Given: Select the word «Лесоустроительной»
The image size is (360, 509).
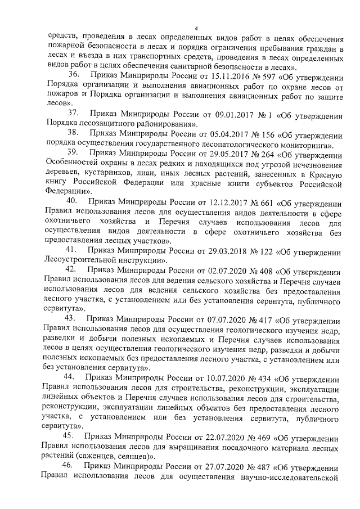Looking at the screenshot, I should click(75, 260).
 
